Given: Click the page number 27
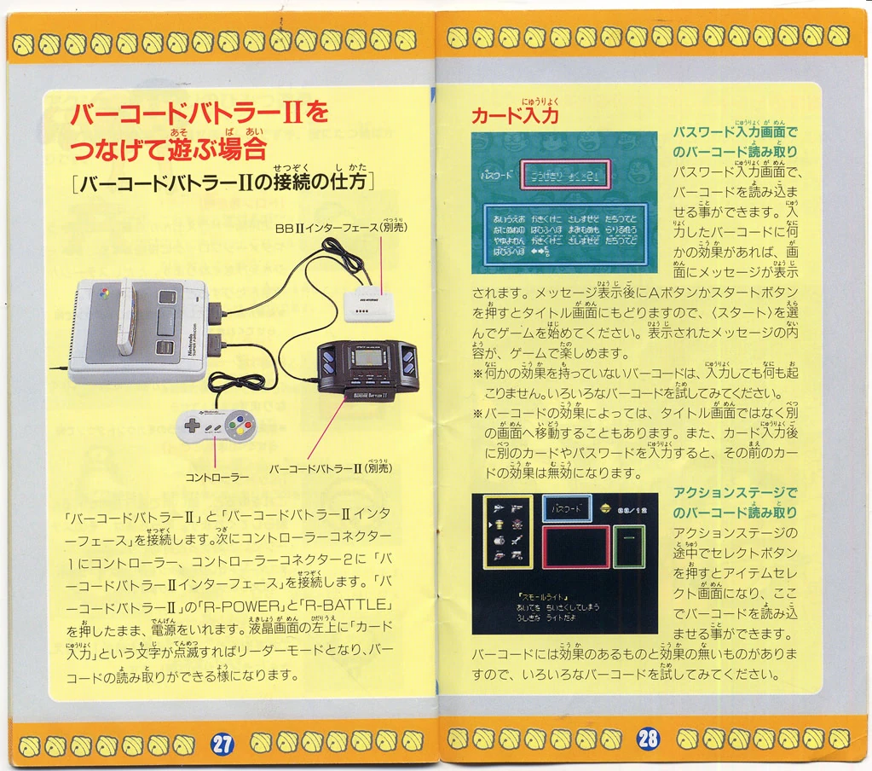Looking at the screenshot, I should (222, 744).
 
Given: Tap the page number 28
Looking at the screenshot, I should (647, 738).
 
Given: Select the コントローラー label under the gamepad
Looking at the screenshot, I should (217, 477).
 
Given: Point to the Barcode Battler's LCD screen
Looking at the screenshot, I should (368, 357).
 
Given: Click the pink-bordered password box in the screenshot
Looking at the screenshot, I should (565, 175).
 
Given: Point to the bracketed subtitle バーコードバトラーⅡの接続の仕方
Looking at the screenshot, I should (223, 183).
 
